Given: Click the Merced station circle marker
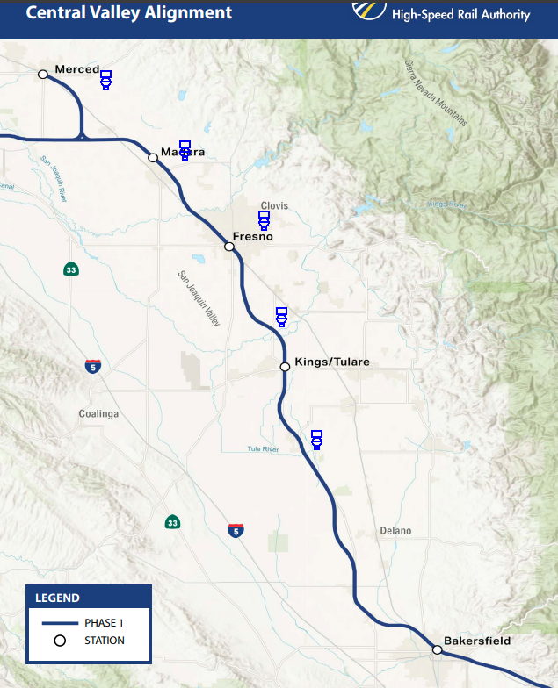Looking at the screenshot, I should pyautogui.click(x=42, y=75).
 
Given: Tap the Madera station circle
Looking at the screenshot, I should pyautogui.click(x=153, y=158).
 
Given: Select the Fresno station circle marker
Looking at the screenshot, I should pyautogui.click(x=229, y=247).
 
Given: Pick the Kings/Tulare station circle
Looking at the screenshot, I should pyautogui.click(x=285, y=367).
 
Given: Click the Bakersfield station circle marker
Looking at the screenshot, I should pyautogui.click(x=437, y=650).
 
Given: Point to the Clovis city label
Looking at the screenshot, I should pyautogui.click(x=274, y=206).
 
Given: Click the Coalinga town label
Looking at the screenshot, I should pyautogui.click(x=98, y=414).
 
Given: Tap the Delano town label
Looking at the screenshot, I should pyautogui.click(x=395, y=531).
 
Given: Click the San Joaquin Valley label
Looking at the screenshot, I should pyautogui.click(x=199, y=299).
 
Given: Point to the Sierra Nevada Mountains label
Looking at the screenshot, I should pyautogui.click(x=437, y=93).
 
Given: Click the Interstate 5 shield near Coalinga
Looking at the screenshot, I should pyautogui.click(x=93, y=366).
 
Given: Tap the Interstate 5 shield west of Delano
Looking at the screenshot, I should pyautogui.click(x=236, y=530).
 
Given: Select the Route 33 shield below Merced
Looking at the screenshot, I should pyautogui.click(x=69, y=269).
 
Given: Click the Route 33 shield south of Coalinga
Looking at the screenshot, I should pyautogui.click(x=172, y=522).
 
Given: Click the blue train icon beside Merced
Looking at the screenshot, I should pyautogui.click(x=105, y=80).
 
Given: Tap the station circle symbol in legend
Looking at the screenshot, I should pyautogui.click(x=60, y=641).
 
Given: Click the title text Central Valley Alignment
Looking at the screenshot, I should pyautogui.click(x=129, y=13).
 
